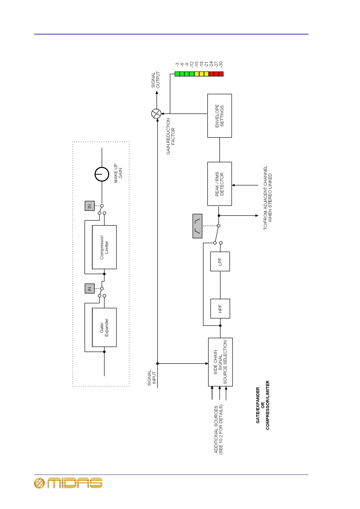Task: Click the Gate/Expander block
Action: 104,327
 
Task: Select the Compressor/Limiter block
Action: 104,247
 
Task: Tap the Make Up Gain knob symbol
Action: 102,174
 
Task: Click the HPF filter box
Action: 220,308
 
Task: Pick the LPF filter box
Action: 220,261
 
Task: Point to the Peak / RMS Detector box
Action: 219,184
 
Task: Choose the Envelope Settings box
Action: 219,116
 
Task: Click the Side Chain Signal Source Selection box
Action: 220,362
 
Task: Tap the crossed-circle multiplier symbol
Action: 156,114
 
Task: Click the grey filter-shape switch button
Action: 197,226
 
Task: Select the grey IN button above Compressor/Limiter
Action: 90,206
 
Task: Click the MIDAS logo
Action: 68,483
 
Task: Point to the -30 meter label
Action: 221,64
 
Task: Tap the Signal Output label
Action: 155,80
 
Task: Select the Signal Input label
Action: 152,378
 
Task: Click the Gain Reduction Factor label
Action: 171,136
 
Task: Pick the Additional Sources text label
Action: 218,429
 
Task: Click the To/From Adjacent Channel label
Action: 267,198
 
